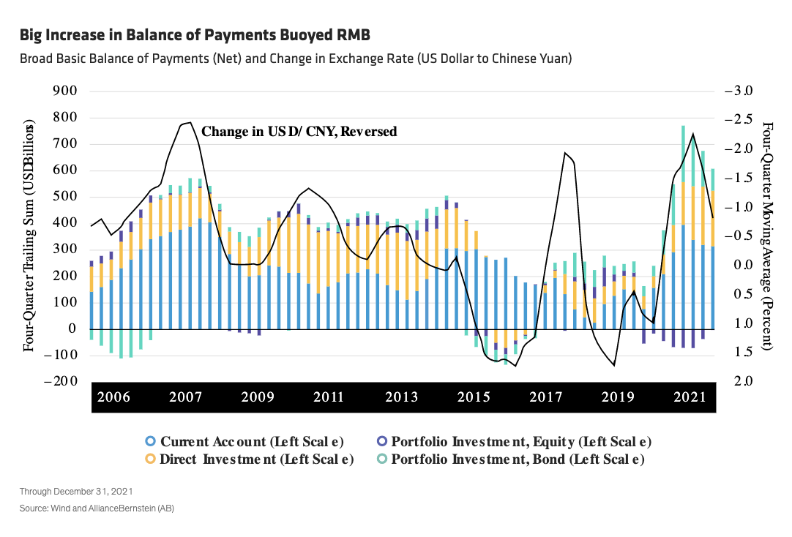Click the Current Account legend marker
pos(150,441)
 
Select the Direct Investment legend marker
pos(150,459)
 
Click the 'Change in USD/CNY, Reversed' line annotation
pos(299,132)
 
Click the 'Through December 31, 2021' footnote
pos(76,491)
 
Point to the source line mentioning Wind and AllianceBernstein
pos(97,507)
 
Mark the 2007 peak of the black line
pos(189,123)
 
